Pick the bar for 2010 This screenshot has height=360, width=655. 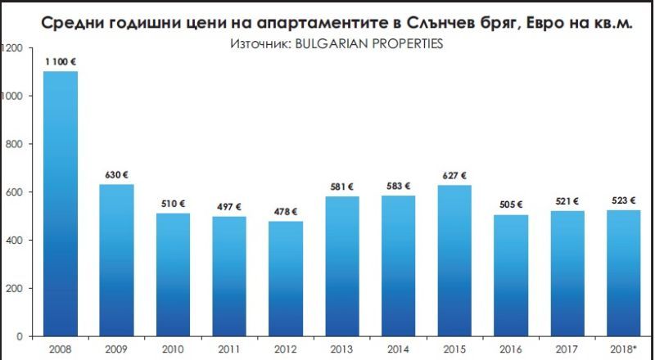[x=174, y=274]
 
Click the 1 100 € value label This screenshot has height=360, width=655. [x=61, y=61]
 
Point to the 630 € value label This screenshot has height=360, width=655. [x=117, y=174]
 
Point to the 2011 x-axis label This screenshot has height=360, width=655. [x=230, y=348]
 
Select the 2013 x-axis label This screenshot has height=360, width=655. [x=343, y=348]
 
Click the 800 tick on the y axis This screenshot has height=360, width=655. [x=11, y=144]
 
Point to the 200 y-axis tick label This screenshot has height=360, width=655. [x=11, y=288]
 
